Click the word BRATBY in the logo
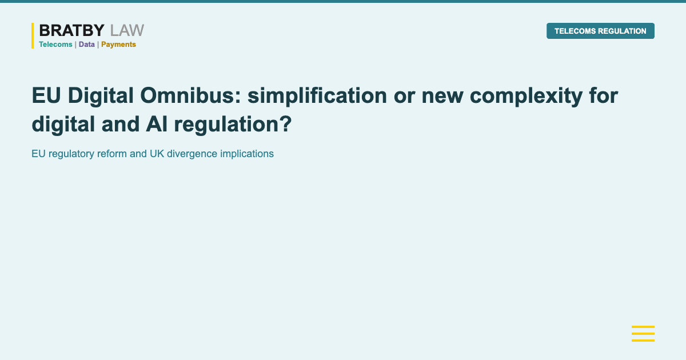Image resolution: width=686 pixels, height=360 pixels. [72, 31]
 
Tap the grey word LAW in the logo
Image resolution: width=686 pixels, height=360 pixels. [127, 31]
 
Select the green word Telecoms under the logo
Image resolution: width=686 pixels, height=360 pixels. [55, 45]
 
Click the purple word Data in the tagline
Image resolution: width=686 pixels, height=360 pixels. [87, 45]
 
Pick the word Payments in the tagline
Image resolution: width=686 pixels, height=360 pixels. [118, 45]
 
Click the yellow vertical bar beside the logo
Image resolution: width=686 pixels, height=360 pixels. [33, 35]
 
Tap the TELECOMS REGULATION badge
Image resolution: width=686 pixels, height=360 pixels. [600, 31]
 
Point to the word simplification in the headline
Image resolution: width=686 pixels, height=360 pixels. [317, 96]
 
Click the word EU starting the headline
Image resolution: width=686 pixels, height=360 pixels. [45, 96]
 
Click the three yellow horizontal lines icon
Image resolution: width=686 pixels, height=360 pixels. [643, 334]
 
